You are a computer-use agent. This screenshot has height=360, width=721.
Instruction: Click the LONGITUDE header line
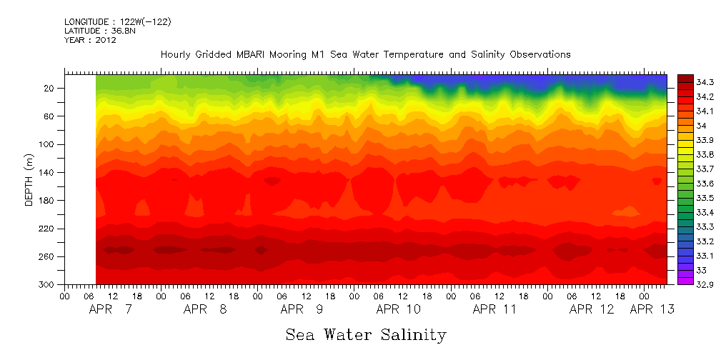coord(117,22)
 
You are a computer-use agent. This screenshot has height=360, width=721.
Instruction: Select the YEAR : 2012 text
coord(90,40)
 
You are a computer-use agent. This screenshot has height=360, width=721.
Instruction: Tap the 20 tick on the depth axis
coord(51,89)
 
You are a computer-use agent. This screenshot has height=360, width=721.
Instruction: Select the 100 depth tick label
coord(49,144)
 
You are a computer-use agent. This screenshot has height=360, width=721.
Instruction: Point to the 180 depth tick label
coord(49,201)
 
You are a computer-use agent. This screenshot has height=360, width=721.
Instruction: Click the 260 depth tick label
coord(49,256)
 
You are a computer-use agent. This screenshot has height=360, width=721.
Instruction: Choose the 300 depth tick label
coord(49,284)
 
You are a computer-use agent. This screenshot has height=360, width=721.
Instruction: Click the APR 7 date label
coord(111,309)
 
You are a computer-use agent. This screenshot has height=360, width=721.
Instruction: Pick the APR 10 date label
coord(398,309)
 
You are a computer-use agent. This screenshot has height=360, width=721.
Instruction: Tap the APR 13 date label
coord(652,309)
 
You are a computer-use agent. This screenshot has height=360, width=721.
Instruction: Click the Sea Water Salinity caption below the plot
coord(366,335)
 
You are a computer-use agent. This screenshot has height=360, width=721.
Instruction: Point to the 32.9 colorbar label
coord(705,284)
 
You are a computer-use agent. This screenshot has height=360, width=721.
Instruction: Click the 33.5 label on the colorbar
coord(705,198)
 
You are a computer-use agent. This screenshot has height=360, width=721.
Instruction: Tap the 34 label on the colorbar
coord(700,126)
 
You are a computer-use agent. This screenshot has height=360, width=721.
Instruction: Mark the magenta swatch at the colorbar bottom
coord(685,281)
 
